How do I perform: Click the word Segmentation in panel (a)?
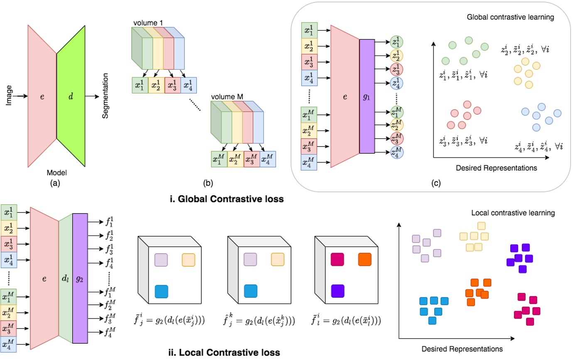106,95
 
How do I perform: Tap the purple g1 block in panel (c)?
367,96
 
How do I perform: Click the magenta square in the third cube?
338,260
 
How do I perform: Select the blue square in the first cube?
161,291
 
